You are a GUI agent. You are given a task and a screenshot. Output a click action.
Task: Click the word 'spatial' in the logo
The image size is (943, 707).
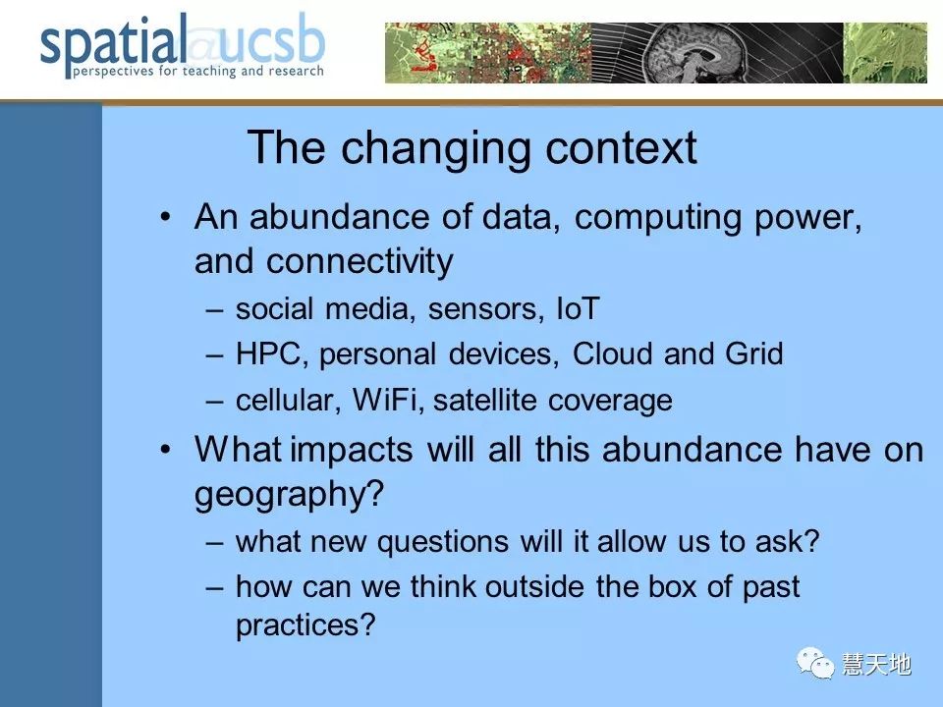point(112,44)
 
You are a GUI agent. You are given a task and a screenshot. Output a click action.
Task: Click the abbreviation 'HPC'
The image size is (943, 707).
point(268,353)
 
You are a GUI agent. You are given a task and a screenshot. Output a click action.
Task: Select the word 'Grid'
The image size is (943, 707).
point(754,353)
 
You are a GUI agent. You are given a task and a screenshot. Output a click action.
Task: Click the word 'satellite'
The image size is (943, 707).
point(484,400)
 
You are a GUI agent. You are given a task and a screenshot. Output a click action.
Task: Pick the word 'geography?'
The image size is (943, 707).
point(289,495)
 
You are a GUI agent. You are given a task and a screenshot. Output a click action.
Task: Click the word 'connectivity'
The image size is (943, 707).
point(360,262)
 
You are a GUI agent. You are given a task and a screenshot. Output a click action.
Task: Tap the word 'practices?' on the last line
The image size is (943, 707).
point(305,625)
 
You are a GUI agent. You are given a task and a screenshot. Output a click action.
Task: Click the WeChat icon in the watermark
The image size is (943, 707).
point(815,663)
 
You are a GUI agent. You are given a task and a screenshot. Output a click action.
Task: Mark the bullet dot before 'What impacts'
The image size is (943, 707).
point(166,449)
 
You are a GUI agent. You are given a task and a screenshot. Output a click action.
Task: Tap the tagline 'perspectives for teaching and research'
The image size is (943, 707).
point(198,71)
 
